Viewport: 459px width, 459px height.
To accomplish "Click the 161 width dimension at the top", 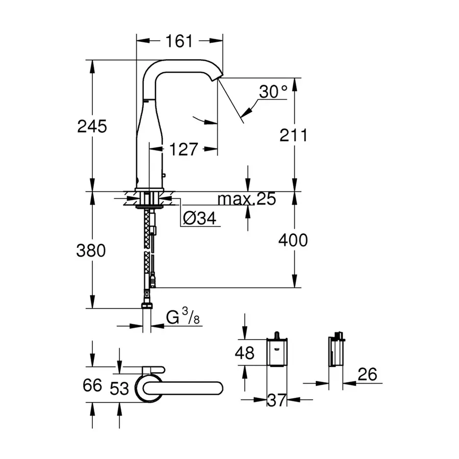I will tap(180, 41).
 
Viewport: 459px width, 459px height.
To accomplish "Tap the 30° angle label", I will tap(273, 92).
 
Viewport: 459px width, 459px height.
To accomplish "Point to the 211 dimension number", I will tap(293, 135).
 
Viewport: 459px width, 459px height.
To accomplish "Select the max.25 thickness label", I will tap(246, 199).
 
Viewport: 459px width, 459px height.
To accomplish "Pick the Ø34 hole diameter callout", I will tap(199, 218).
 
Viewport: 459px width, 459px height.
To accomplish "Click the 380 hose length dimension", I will tap(92, 250).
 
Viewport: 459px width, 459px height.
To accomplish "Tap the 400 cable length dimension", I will tap(293, 239).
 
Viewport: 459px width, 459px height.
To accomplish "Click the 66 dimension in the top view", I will tap(92, 385).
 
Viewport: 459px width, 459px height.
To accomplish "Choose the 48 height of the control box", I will tap(245, 353).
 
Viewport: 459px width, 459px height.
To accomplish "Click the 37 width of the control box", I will tap(276, 401).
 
